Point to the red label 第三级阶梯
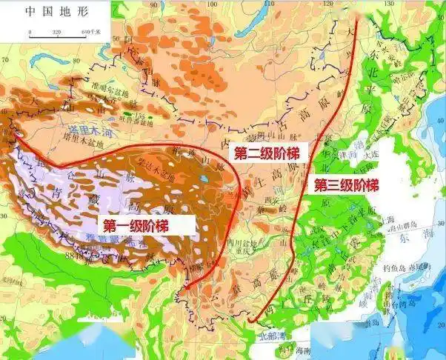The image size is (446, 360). [x=345, y=185]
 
